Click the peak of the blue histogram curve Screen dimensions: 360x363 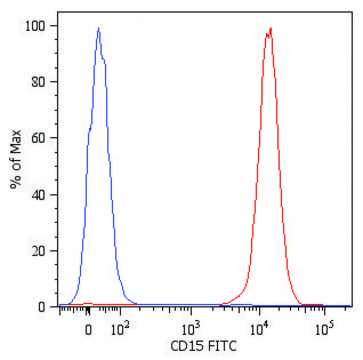(98, 29)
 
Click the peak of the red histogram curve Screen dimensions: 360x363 (270, 29)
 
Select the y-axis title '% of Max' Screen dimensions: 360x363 (15, 165)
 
